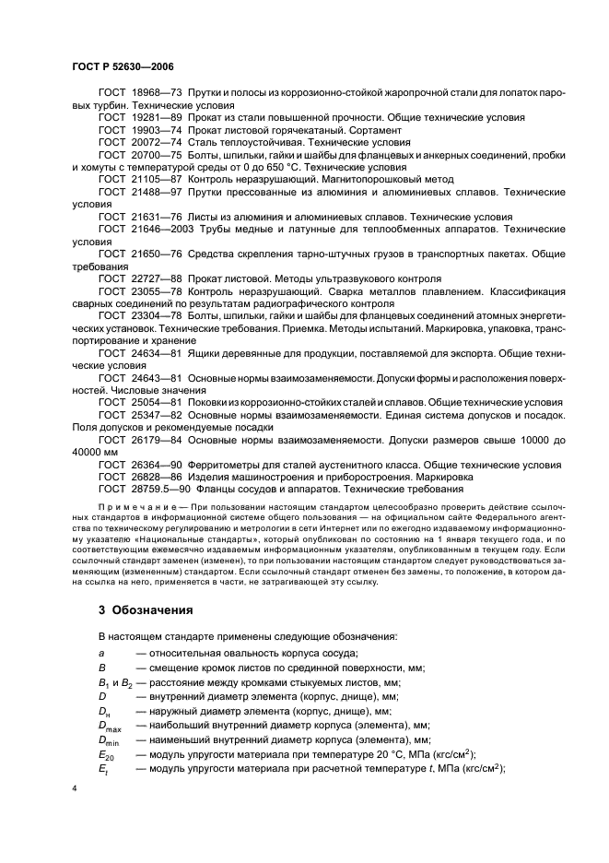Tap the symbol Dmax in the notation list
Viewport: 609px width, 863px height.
pyautogui.click(x=110, y=726)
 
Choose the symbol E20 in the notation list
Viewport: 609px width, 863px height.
pyautogui.click(x=108, y=753)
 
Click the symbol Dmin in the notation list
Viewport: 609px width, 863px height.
pyautogui.click(x=109, y=739)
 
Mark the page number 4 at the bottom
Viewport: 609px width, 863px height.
pyautogui.click(x=74, y=789)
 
